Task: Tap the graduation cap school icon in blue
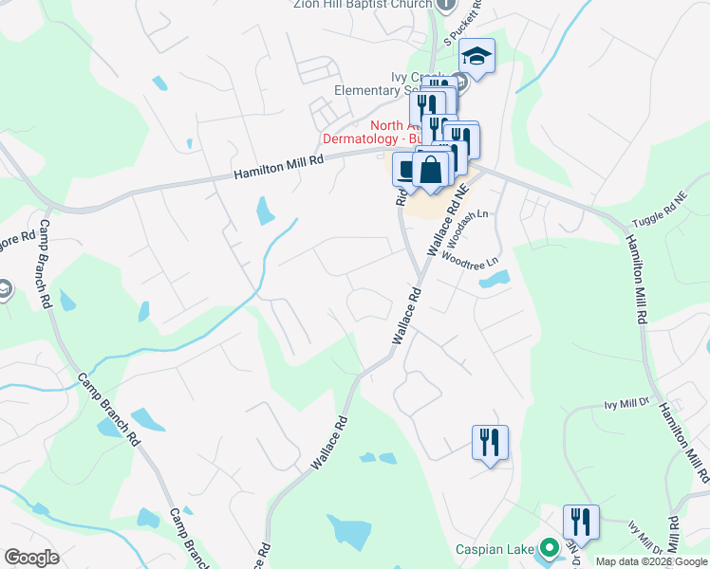(x=477, y=56)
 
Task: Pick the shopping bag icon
(x=431, y=172)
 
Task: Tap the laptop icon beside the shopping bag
(x=405, y=170)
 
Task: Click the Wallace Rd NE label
(x=447, y=222)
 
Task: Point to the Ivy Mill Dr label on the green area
(x=625, y=404)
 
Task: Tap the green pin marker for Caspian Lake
(x=548, y=548)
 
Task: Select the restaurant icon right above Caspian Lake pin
(x=580, y=522)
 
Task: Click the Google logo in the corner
(x=31, y=558)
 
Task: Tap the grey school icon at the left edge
(x=5, y=288)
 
